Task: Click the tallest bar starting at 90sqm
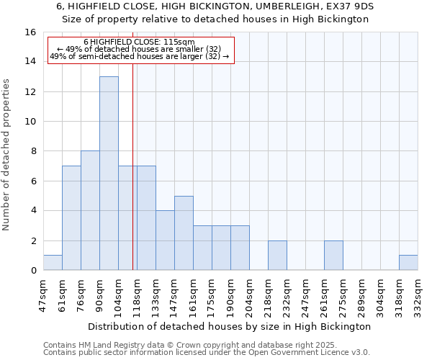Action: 109,173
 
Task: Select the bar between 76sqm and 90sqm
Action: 90,210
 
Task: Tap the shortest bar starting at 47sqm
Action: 53,263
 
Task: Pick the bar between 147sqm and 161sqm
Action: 184,233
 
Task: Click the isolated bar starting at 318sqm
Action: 408,263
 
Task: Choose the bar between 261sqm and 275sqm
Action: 333,256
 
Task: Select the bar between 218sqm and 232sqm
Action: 277,256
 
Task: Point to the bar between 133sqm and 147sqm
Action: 165,240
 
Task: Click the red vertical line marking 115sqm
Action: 133,180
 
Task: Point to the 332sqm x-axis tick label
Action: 418,296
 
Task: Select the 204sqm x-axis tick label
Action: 250,296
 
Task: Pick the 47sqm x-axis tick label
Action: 44,294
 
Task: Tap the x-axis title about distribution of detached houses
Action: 230,326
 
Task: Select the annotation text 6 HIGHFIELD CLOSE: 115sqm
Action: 139,42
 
